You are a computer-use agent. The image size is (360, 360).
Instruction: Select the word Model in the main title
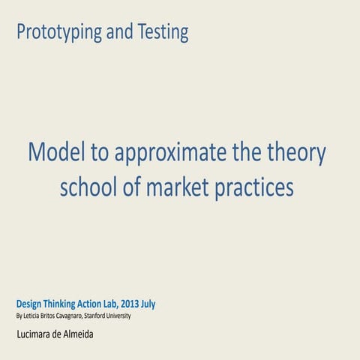point(56,153)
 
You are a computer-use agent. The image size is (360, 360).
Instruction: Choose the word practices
point(253,187)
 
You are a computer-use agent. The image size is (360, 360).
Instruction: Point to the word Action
point(103,304)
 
